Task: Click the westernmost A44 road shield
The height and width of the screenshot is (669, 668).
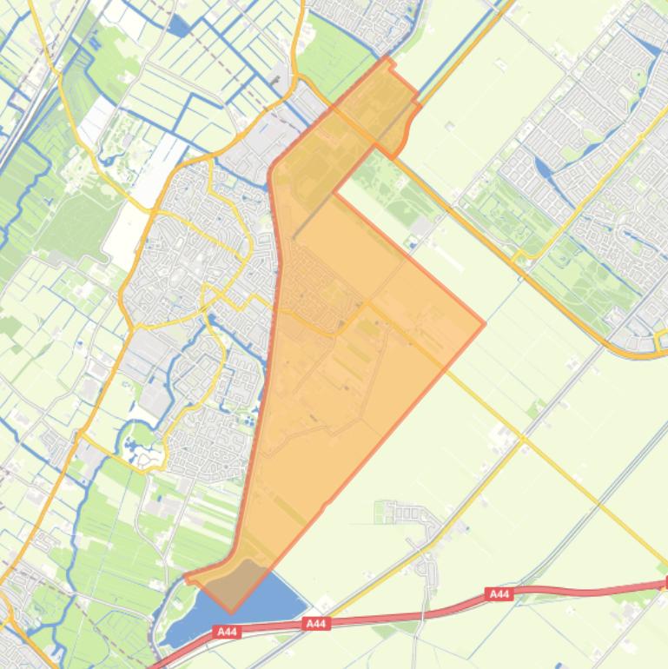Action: [x=227, y=633]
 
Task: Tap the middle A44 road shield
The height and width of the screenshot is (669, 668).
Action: [x=316, y=624]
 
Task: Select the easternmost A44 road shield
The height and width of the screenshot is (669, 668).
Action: [x=499, y=594]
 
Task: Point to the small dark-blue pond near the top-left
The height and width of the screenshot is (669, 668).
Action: [x=180, y=26]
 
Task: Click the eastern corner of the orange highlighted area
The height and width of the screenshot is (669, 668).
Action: [x=484, y=324]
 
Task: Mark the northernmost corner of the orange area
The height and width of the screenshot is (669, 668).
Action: [x=387, y=59]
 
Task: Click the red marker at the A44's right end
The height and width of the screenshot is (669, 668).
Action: [x=665, y=584]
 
